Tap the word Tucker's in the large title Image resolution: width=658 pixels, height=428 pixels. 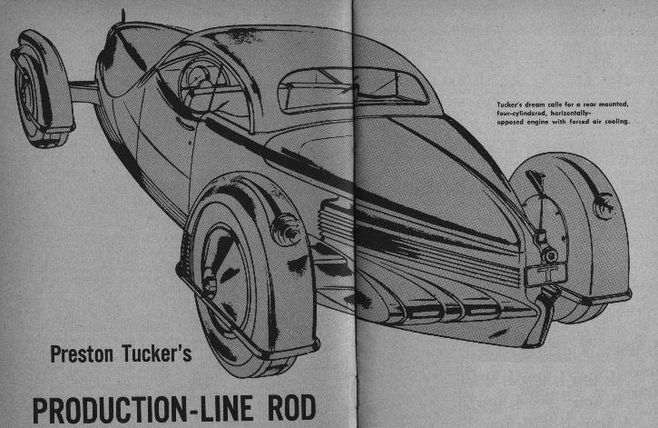tap(155, 355)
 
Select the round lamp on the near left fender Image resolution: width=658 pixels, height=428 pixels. tap(290, 228)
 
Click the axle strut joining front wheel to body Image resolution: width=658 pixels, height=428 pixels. tap(83, 91)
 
